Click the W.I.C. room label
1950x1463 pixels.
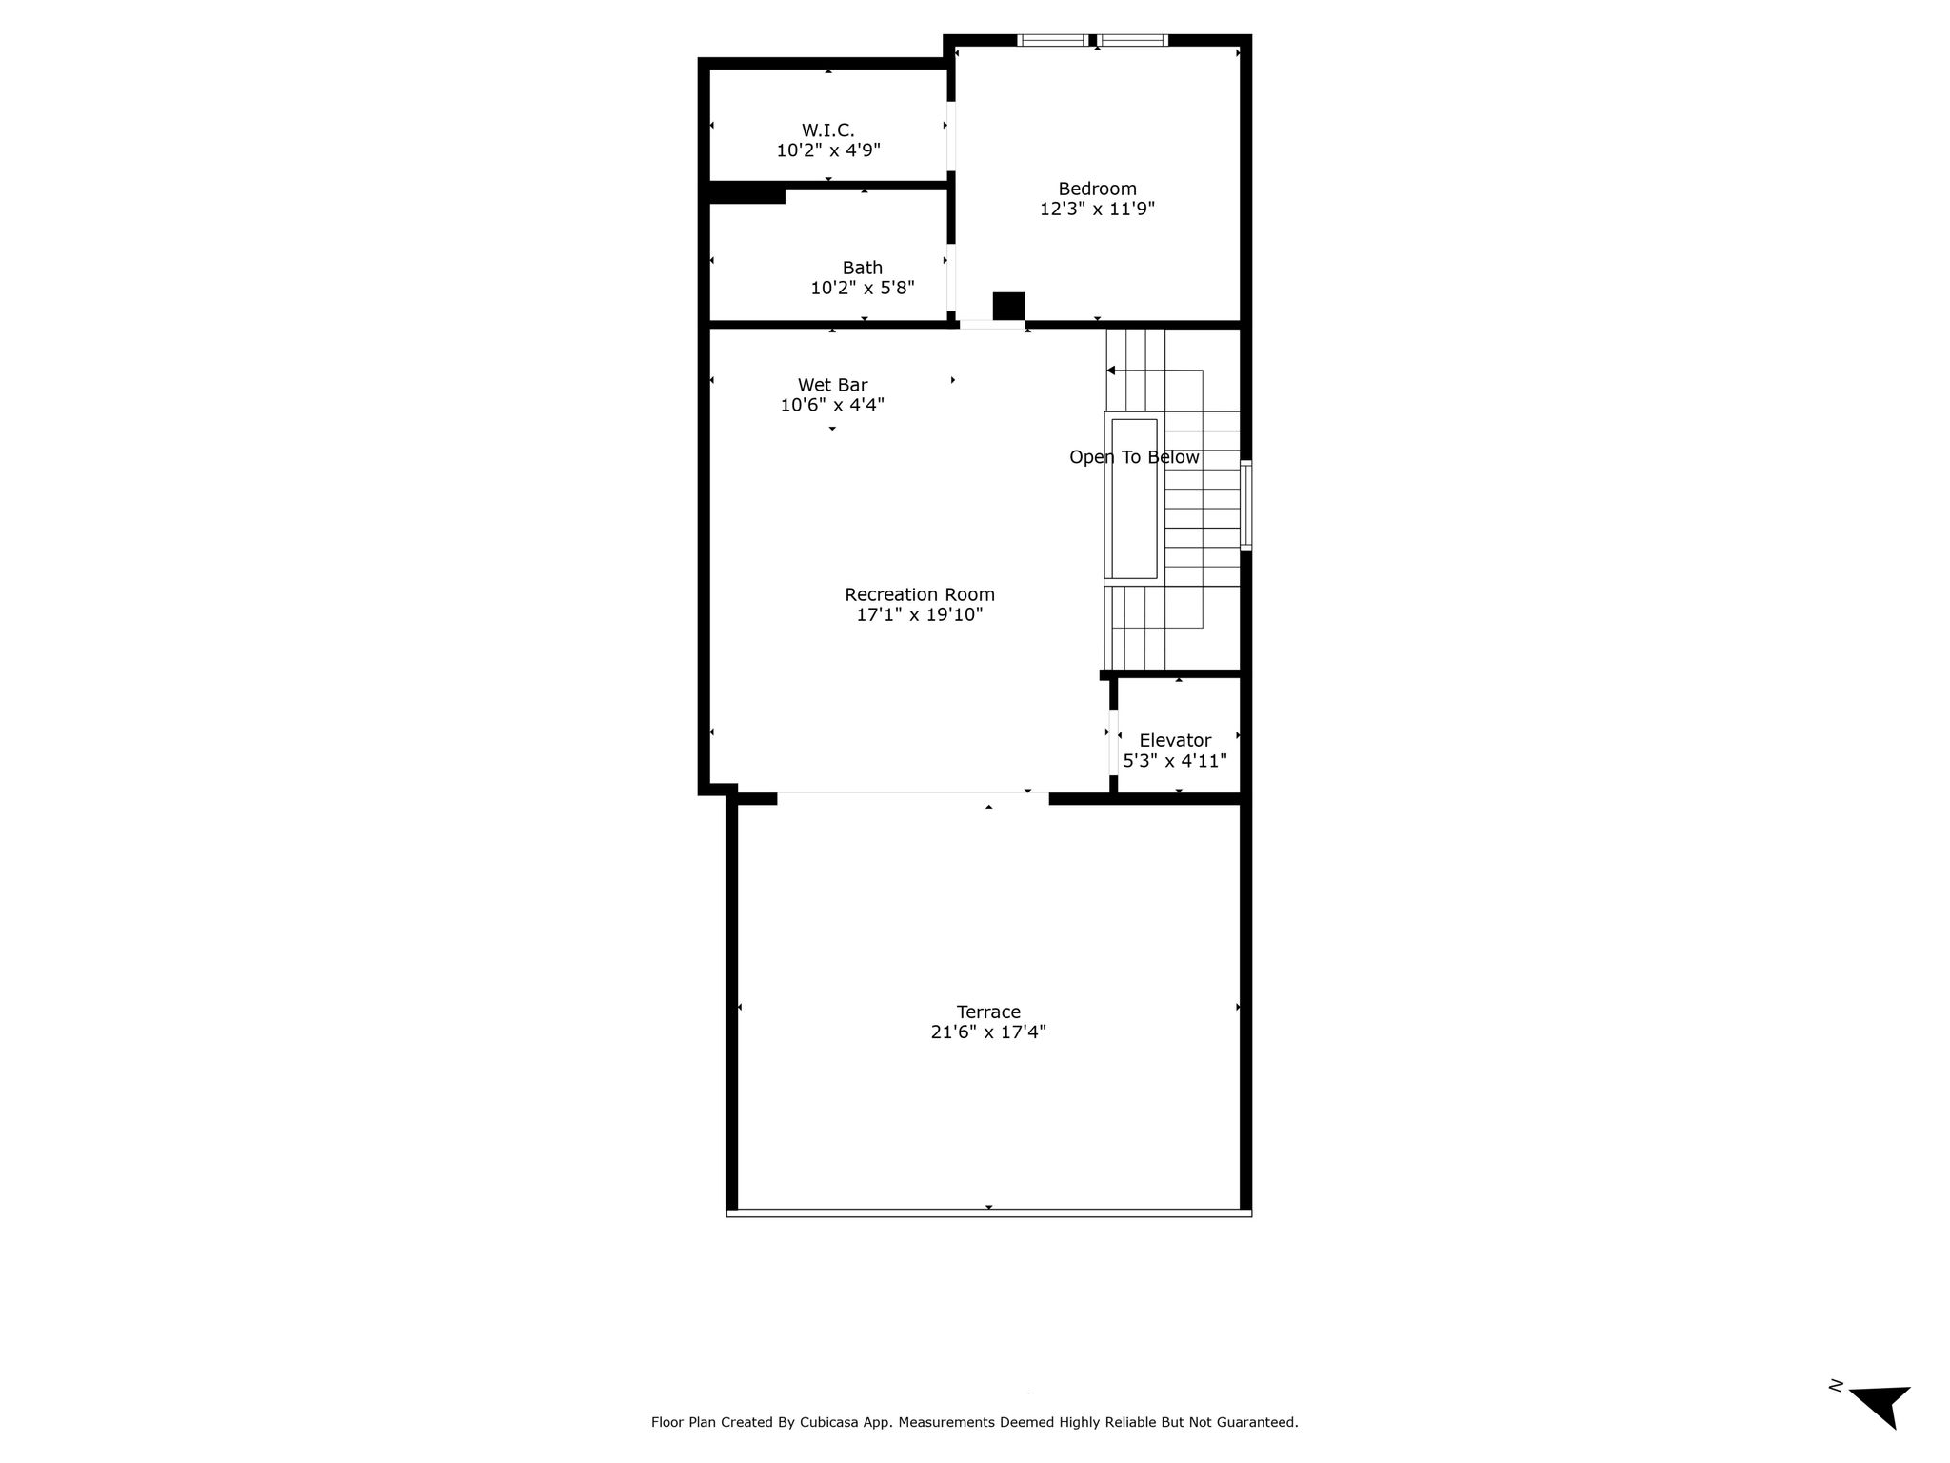point(827,130)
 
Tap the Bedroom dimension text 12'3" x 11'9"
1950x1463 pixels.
point(1097,209)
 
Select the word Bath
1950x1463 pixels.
point(862,268)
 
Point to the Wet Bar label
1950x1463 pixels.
point(832,385)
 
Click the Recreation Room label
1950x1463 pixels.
point(919,594)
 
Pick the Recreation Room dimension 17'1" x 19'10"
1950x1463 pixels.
point(919,614)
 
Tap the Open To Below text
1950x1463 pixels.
point(1134,457)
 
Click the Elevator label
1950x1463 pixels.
point(1175,740)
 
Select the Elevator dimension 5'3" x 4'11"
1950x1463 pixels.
point(1175,761)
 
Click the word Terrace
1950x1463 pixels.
point(988,1012)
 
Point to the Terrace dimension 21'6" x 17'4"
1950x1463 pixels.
point(988,1032)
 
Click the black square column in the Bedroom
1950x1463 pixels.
point(1008,306)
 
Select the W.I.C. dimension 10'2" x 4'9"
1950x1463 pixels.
point(827,150)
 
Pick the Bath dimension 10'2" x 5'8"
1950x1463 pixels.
point(862,288)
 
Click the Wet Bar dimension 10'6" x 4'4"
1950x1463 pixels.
point(832,405)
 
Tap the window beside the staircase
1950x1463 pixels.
point(1245,505)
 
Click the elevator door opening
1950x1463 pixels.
point(1112,742)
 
